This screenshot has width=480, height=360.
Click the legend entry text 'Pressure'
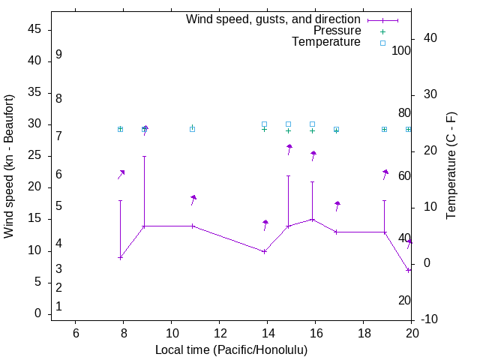pos(337,31)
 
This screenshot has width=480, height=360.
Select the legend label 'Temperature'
pos(326,42)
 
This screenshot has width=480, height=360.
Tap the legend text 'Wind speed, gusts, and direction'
pos(273,19)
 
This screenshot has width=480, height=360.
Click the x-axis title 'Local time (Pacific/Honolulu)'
pos(231,350)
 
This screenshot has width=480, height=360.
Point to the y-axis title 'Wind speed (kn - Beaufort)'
pos(9,166)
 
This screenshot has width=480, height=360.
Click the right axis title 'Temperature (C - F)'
pos(451,166)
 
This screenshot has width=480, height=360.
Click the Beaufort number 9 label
pos(58,55)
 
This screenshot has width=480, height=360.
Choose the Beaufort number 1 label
pos(58,307)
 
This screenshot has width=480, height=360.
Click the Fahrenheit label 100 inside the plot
pos(401,50)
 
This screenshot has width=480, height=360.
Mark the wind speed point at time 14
pos(264,251)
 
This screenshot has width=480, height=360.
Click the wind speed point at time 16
pos(313,220)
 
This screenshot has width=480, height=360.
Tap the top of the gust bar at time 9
pos(144,157)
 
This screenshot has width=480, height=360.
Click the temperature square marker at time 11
pos(192,129)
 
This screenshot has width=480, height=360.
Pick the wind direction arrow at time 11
pos(193,199)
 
